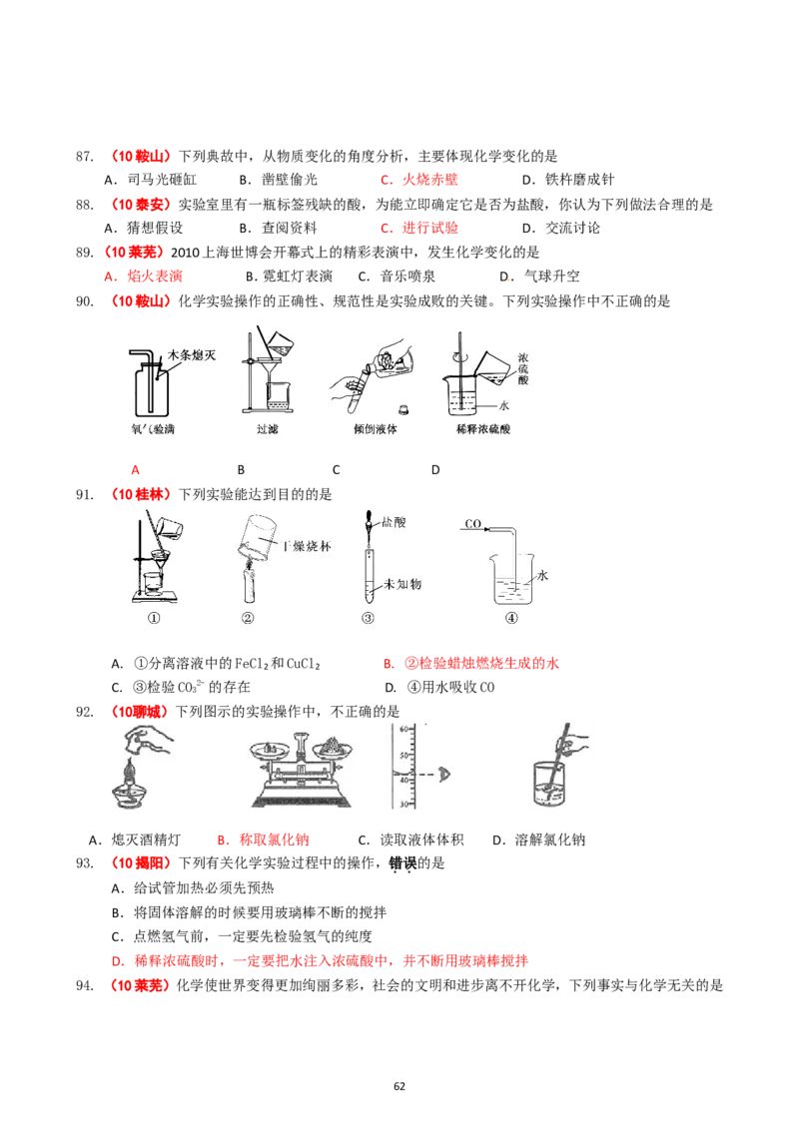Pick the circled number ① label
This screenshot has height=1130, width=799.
pyautogui.click(x=155, y=618)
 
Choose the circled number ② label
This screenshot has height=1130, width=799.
pyautogui.click(x=249, y=618)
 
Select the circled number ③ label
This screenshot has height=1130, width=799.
pyautogui.click(x=368, y=618)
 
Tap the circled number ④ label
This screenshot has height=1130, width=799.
pyautogui.click(x=511, y=618)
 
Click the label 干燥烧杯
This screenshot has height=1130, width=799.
pyautogui.click(x=306, y=546)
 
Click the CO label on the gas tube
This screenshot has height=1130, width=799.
pyautogui.click(x=474, y=523)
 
